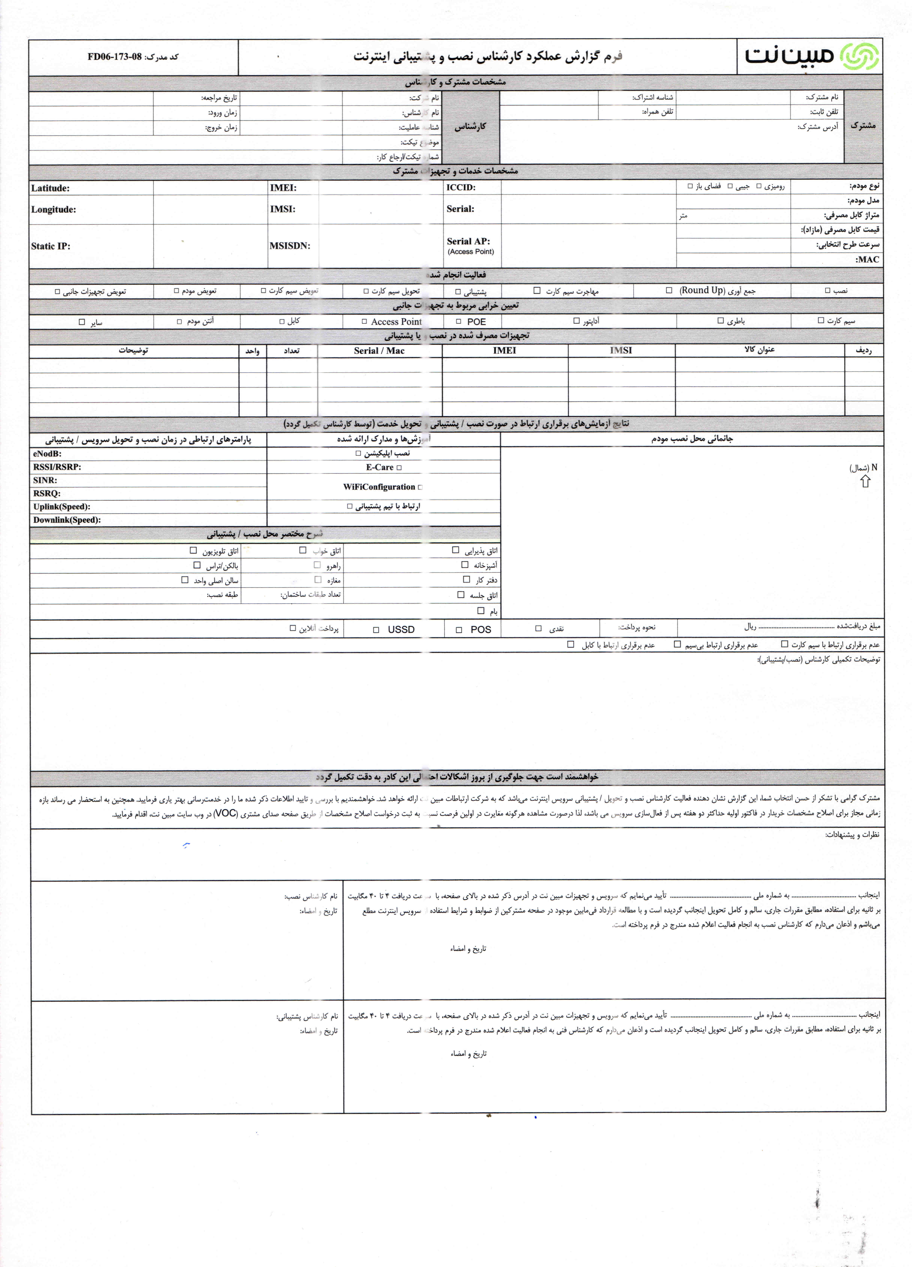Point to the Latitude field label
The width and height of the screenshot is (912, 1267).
tap(50, 188)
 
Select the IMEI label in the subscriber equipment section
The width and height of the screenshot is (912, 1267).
tap(283, 188)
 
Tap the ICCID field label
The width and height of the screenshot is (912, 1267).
tap(461, 187)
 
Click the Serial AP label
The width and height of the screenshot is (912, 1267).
tap(468, 241)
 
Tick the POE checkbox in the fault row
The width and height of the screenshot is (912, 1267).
tap(458, 322)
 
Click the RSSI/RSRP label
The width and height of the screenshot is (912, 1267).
tap(57, 467)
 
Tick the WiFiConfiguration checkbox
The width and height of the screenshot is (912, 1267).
tap(420, 487)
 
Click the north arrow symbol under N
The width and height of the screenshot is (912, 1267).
tap(865, 482)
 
